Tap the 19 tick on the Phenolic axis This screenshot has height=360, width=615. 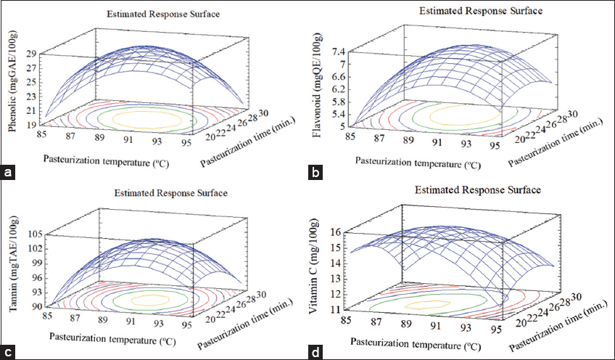click(x=33, y=126)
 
